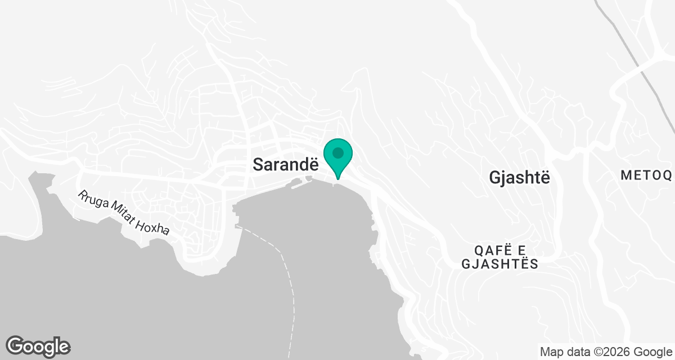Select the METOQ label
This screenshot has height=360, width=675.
tap(646, 175)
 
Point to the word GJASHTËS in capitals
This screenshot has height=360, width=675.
tap(500, 264)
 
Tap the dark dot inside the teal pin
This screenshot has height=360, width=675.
tap(338, 153)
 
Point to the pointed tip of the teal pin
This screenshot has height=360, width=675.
tap(338, 179)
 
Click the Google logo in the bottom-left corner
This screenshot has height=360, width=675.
tap(38, 346)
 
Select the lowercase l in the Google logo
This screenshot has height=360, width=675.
tap(55, 344)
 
